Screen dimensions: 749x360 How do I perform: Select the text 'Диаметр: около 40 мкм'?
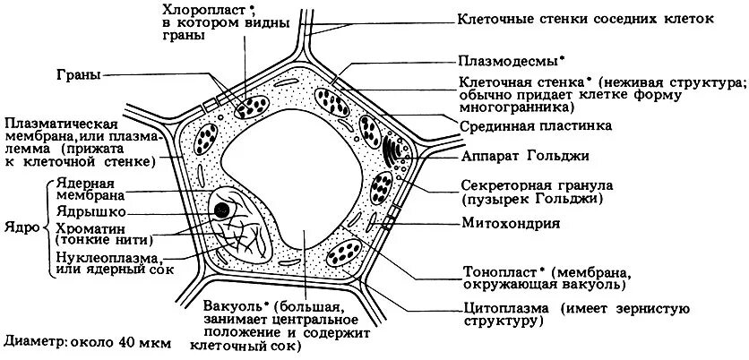(86, 341)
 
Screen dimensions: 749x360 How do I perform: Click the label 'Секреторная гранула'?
(534, 185)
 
